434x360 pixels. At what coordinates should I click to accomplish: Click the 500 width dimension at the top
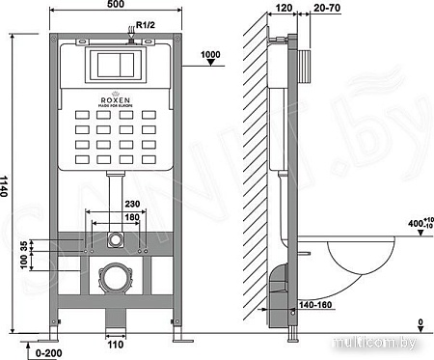coord(116,7)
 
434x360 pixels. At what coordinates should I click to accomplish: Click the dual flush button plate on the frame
coord(116,65)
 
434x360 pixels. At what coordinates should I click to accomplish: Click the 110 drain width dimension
coord(115,344)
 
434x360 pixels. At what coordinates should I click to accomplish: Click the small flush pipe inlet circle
coord(116,238)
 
